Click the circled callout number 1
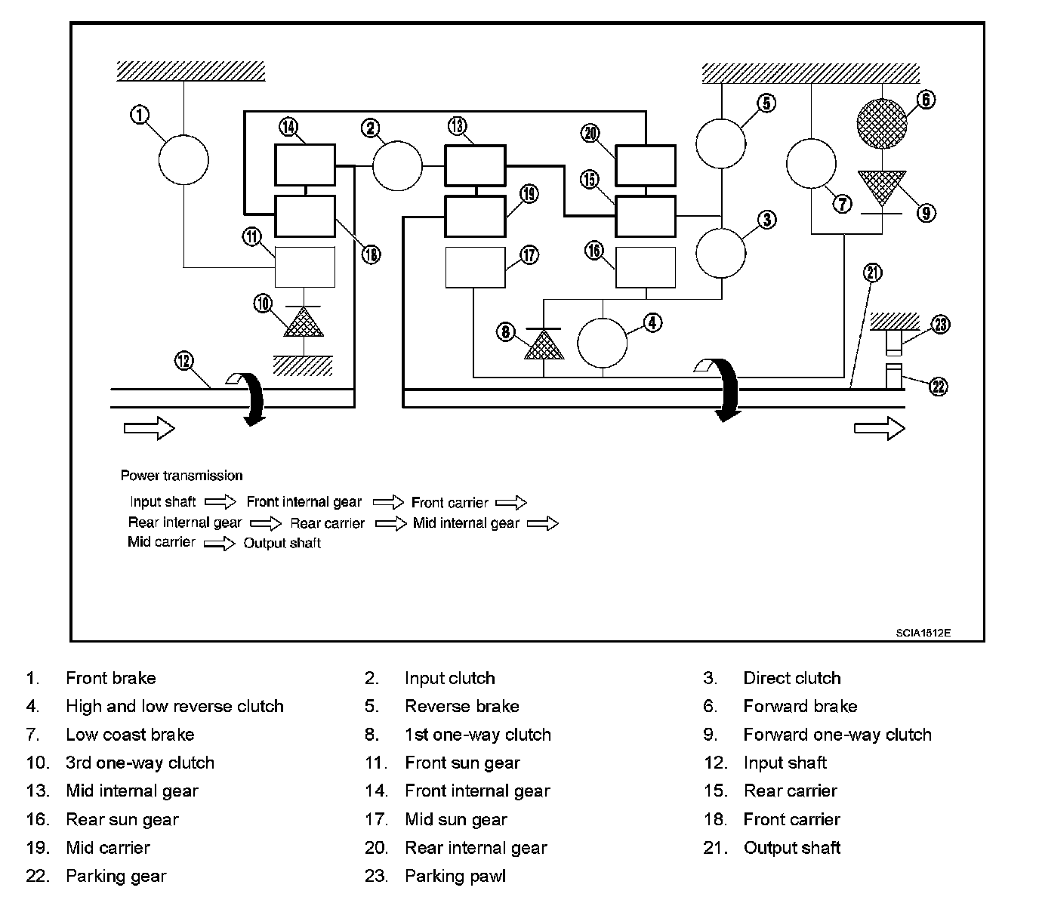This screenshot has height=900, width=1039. coord(140,115)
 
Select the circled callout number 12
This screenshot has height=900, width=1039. coord(184,360)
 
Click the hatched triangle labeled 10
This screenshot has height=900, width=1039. coord(303,322)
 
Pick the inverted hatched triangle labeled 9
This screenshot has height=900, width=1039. coord(881,188)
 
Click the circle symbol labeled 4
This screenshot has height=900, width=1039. coord(603,342)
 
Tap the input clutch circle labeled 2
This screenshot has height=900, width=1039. coord(397,165)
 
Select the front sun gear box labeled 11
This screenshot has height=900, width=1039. coord(304,267)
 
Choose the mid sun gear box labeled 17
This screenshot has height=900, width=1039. coord(475,267)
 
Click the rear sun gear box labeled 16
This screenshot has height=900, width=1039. coord(646,267)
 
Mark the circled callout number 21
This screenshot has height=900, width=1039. coord(873,273)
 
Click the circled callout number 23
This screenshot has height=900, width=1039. coord(940,325)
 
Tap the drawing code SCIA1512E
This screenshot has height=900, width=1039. coord(923,633)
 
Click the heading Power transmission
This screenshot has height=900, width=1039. coord(181,476)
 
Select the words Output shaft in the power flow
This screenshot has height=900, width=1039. coord(282,544)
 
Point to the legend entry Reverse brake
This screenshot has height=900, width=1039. coord(461,707)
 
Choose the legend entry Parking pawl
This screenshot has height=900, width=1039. coord(455,877)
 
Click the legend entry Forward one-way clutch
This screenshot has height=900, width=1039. coord(837,735)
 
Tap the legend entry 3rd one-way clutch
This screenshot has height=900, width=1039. coord(140,763)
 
